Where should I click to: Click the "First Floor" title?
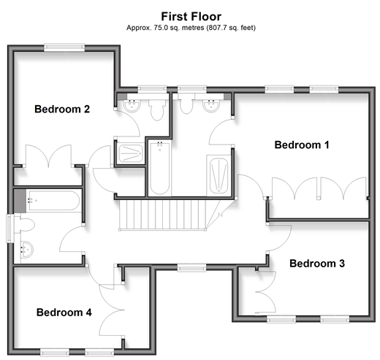tap(191, 17)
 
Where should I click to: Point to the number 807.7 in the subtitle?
tap(217, 28)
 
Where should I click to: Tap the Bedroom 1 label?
tap(302, 145)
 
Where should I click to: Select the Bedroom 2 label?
tap(62, 109)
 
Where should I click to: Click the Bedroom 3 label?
tap(317, 264)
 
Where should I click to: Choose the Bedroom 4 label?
tap(64, 313)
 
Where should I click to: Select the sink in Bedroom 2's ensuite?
tap(132, 106)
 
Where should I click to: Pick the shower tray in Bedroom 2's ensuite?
tap(131, 153)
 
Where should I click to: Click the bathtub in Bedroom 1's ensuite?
tap(159, 168)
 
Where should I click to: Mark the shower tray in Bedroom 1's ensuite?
tap(218, 176)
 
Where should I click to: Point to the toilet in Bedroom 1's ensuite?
tap(186, 104)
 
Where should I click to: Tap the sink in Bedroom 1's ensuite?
tap(211, 106)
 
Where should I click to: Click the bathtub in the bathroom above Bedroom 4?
tap(54, 201)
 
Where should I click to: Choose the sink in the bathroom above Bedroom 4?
tap(27, 250)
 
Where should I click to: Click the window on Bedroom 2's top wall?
tap(64, 47)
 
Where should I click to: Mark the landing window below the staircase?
tap(191, 268)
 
